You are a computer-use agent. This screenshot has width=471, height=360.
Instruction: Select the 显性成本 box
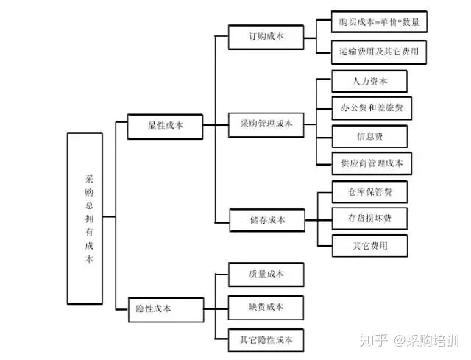[164, 126]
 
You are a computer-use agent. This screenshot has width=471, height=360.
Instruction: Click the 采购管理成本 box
[266, 124]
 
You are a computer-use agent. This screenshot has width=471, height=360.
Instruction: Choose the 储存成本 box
[266, 219]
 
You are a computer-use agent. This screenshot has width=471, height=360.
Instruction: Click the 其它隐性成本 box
[266, 339]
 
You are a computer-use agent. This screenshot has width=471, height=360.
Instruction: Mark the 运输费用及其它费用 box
[380, 51]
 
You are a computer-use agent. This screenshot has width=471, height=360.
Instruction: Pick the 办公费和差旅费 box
[372, 108]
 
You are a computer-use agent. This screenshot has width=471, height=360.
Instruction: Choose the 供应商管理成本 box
[372, 163]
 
